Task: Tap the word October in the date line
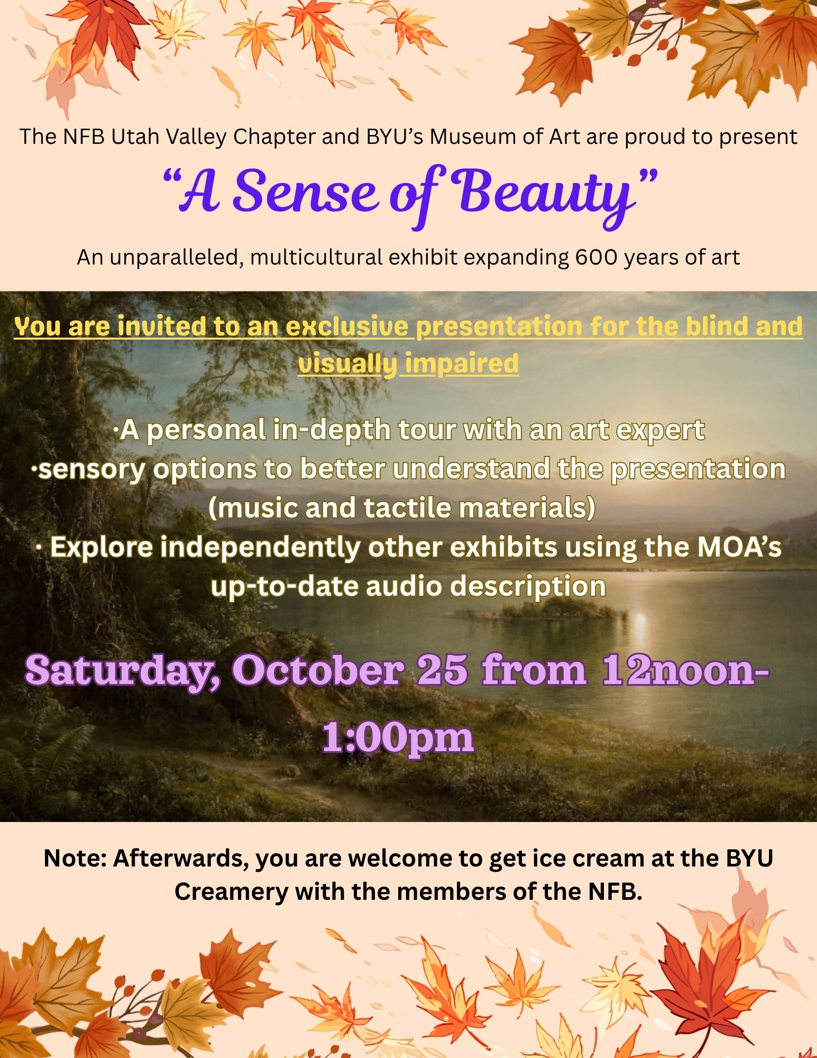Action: pyautogui.click(x=318, y=670)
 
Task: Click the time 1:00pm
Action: pyautogui.click(x=398, y=738)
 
